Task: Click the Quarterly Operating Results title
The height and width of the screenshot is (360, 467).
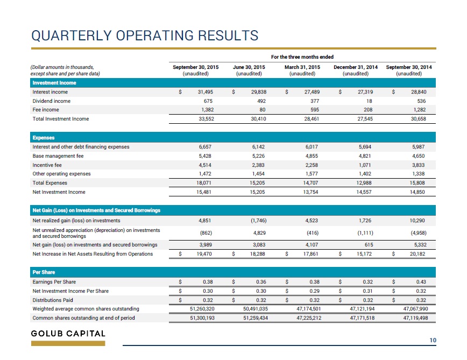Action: tap(145, 36)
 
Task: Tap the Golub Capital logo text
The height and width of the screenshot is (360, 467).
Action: tap(68, 334)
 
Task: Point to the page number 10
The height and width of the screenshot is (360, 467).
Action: tap(433, 340)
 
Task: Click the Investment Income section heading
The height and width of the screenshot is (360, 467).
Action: tap(54, 83)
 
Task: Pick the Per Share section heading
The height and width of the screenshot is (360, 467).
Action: tap(44, 272)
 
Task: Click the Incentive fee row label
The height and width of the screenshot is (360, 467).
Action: tap(47, 165)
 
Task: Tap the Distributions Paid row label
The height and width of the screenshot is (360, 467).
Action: tap(53, 300)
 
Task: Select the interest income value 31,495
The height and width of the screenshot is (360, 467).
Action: tap(206, 92)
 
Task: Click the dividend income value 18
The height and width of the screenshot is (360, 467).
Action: tap(369, 101)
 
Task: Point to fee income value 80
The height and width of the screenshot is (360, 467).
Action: tap(263, 110)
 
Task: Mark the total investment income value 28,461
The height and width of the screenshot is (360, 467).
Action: tap(312, 119)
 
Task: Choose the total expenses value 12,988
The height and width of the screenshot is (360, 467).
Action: tap(364, 183)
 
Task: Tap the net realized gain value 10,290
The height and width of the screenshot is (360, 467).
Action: tap(418, 221)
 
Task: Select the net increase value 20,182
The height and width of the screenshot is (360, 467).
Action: tap(418, 254)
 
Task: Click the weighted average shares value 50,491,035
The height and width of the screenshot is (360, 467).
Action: tap(256, 309)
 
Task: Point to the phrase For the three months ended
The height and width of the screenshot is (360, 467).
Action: tap(302, 57)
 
